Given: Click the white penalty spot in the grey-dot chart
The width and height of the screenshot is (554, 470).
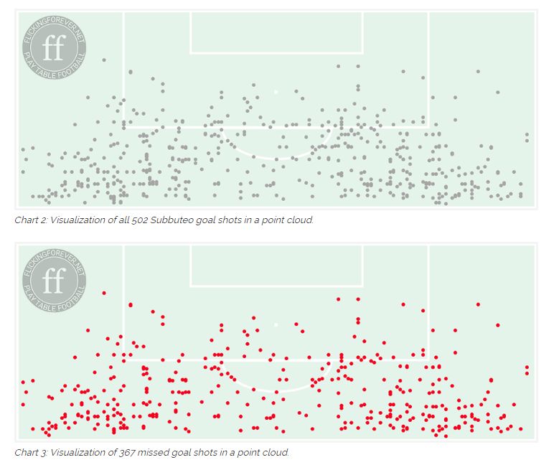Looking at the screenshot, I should point(276,92).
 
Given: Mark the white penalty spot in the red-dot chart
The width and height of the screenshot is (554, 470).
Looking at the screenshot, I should point(276,325).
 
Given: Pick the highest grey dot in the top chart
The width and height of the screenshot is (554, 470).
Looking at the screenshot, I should point(104,60).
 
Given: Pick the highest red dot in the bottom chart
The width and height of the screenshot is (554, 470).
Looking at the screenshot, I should point(104,293).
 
